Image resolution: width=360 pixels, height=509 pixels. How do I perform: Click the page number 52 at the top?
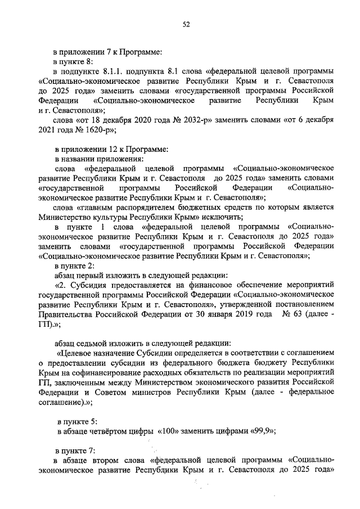tap(186, 24)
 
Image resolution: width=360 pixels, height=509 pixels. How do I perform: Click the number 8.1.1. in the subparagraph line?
tap(115, 71)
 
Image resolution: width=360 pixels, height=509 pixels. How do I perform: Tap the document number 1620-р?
tap(98, 130)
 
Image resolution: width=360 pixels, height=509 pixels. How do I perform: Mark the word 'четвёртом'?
tap(109, 431)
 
